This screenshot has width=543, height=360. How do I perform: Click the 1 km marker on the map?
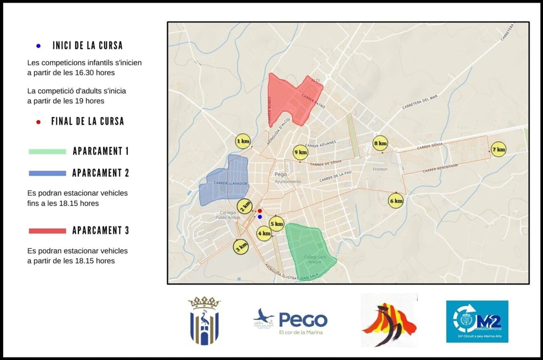point(243,142)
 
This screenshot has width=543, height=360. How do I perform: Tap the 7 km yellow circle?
point(499,149)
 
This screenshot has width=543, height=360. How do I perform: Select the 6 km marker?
point(396,201)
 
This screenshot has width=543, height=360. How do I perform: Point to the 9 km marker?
point(300,152)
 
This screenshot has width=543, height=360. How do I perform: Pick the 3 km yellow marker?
point(241,246)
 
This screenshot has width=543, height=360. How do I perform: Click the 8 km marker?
point(380,143)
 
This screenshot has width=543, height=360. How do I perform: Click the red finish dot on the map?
point(260,211)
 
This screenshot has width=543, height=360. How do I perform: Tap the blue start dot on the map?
point(260,217)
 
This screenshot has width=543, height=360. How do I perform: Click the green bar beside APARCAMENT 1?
point(47,151)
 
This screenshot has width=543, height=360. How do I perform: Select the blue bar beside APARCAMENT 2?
point(47,173)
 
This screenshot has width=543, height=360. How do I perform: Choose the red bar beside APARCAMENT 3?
point(47,231)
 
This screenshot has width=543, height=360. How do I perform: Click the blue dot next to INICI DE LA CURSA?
point(39,46)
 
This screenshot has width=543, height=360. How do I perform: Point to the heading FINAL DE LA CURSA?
point(88,121)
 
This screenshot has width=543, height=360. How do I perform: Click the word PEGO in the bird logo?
point(303,320)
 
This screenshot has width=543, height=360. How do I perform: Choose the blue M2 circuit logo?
point(477,321)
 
